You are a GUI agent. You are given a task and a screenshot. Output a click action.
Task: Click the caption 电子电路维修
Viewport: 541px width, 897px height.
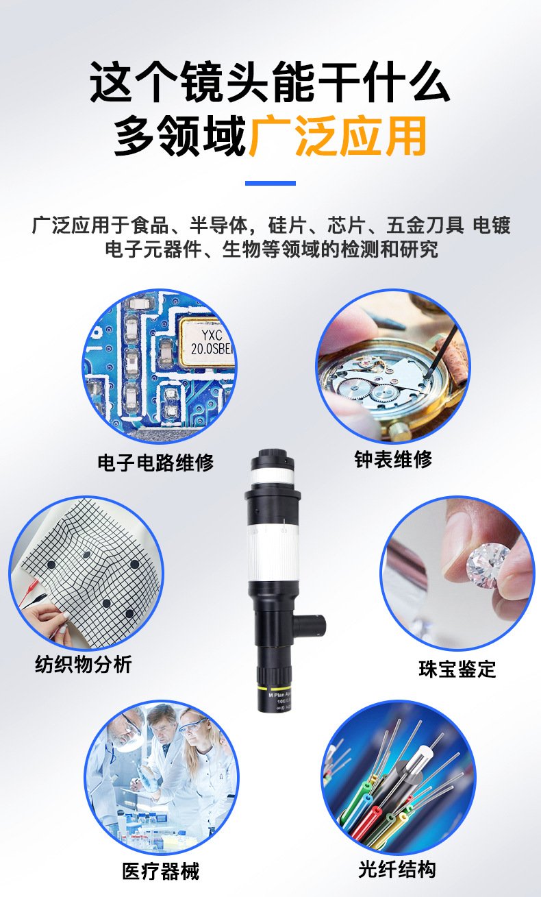tap(155, 463)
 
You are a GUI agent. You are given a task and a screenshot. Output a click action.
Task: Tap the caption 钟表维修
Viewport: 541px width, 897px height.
tap(393, 459)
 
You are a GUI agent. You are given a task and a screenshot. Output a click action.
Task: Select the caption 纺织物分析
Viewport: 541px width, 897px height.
tap(84, 664)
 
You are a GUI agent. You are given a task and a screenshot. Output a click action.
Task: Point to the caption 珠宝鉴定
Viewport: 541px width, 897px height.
tap(457, 669)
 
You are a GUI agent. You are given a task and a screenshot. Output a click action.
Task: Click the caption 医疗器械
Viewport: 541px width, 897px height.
tap(161, 870)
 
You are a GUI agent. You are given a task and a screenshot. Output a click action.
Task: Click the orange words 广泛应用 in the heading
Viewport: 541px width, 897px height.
tap(338, 136)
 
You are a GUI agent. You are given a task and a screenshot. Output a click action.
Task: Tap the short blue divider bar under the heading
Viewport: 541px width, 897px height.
tap(270, 183)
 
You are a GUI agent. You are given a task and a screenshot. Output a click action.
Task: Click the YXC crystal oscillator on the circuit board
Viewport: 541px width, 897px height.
tap(207, 343)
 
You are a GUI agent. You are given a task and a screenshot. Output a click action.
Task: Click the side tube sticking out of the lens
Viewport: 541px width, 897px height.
tap(310, 626)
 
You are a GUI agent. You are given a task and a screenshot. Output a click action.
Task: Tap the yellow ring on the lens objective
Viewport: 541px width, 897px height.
tap(274, 687)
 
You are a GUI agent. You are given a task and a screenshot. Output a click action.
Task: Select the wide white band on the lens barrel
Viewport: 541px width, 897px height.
tap(273, 552)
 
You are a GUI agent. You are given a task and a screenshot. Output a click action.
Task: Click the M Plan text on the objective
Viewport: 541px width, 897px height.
tap(279, 695)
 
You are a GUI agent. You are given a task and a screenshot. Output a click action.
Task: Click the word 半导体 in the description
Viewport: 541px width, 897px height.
tap(219, 225)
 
